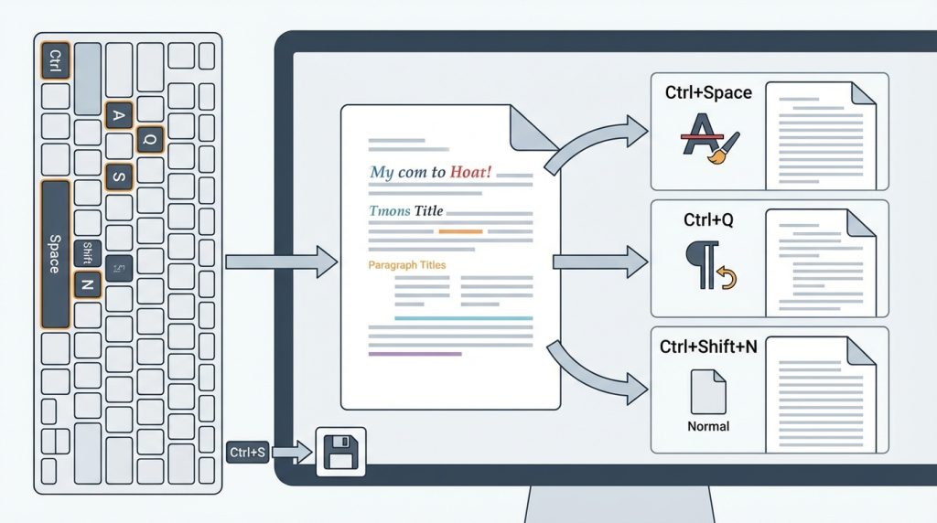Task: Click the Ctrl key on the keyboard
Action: point(55,61)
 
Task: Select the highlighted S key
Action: point(119,176)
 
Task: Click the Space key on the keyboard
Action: point(55,253)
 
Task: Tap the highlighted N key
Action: point(87,284)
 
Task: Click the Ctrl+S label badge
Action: point(247,451)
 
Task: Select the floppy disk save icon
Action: point(339,452)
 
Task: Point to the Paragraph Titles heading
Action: point(407,265)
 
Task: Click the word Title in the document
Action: point(428,211)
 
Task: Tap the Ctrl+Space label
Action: point(708,92)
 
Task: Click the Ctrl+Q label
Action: point(708,220)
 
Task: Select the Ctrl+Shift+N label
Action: point(708,347)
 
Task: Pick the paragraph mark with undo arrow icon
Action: point(708,266)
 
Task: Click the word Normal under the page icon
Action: point(708,426)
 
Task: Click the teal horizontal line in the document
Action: point(463,318)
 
